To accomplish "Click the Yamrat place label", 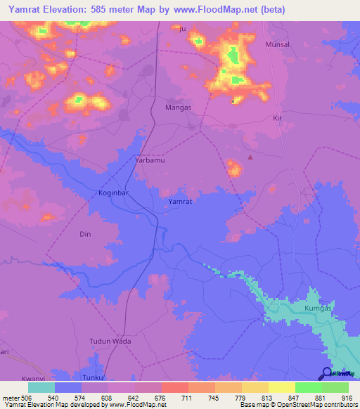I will pyautogui.click(x=181, y=202).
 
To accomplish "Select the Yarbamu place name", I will pyautogui.click(x=149, y=160).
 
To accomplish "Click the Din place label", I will pyautogui.click(x=86, y=234).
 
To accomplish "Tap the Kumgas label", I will pyautogui.click(x=318, y=309).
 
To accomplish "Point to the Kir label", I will pyautogui.click(x=277, y=118).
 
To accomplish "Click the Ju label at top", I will pyautogui.click(x=184, y=29).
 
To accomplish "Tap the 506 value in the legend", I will pyautogui.click(x=27, y=398).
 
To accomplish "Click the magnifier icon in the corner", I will pyautogui.click(x=328, y=373).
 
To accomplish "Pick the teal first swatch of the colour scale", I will pyautogui.click(x=41, y=387).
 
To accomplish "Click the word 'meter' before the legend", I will pyautogui.click(x=10, y=398).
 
